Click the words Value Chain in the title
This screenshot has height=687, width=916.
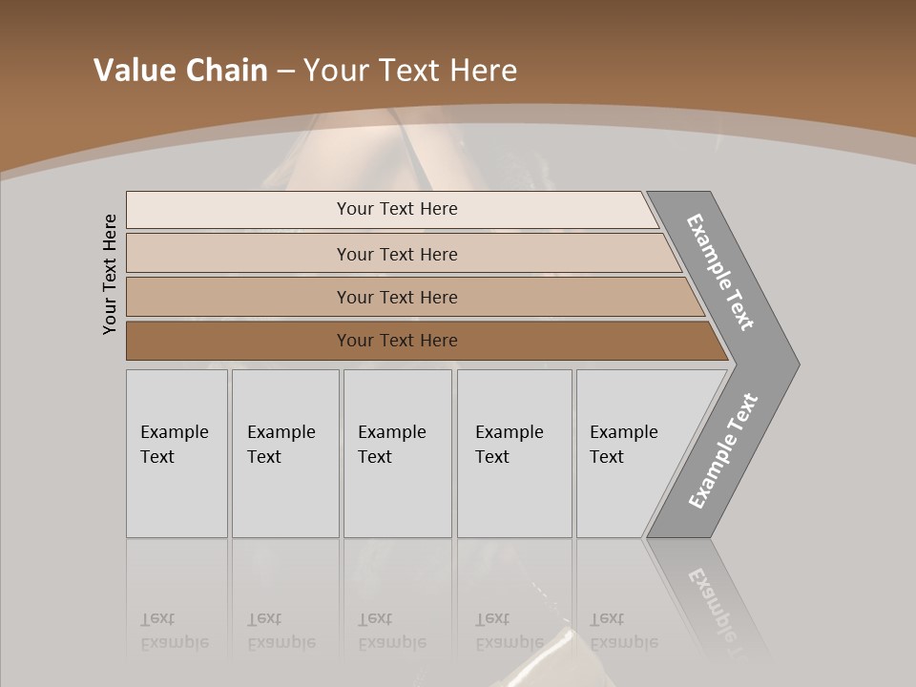tap(180, 71)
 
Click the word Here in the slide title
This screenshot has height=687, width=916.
tap(484, 71)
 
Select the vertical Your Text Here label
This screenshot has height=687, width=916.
tap(110, 274)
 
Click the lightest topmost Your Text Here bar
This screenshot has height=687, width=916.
tap(397, 209)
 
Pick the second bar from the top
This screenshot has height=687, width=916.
tap(397, 254)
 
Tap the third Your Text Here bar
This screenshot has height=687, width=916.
tap(397, 297)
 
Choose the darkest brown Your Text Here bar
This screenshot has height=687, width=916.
tap(397, 341)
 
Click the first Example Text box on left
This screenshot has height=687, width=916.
tap(177, 453)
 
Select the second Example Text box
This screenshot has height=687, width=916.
tap(284, 453)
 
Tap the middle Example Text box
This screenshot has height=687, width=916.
tap(397, 453)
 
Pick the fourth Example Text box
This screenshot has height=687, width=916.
tap(513, 453)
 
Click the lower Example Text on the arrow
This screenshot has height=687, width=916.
tap(723, 451)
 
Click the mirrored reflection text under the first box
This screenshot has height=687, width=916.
tap(174, 631)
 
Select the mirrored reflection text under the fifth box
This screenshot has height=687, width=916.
tap(623, 631)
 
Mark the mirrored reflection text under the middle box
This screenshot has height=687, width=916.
tap(391, 631)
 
